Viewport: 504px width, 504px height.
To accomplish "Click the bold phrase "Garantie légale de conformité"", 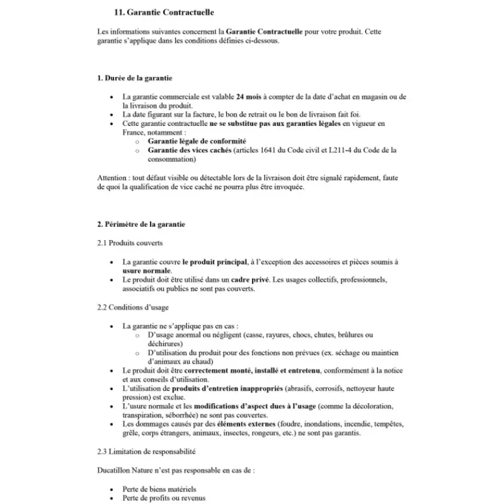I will [x=197, y=141].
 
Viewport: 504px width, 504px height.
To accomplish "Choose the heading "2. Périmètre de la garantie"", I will [x=141, y=224].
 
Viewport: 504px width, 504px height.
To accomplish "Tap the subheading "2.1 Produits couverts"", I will [x=130, y=243].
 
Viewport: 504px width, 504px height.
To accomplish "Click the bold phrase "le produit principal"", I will [x=212, y=261].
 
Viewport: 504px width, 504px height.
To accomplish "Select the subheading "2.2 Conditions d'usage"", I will [x=133, y=307].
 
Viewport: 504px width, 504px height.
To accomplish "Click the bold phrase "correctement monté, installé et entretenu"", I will [x=252, y=370].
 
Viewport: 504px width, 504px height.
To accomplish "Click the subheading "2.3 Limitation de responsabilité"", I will [x=147, y=452].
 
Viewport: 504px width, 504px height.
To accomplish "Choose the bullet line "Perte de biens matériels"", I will [x=159, y=489].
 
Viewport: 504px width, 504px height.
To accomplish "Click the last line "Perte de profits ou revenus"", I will [x=164, y=498].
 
